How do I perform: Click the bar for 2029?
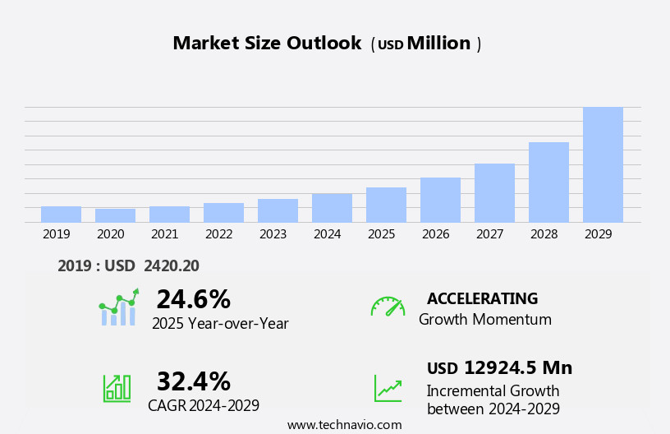pyautogui.click(x=603, y=164)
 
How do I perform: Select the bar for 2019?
pyautogui.click(x=61, y=215)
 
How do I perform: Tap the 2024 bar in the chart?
pyautogui.click(x=332, y=208)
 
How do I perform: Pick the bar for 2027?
pyautogui.click(x=494, y=193)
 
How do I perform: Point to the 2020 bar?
pyautogui.click(x=115, y=215)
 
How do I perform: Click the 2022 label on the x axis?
pyautogui.click(x=218, y=234)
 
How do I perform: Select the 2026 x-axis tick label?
pyautogui.click(x=435, y=234)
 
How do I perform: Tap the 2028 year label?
pyautogui.click(x=544, y=234)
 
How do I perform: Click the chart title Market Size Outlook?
pyautogui.click(x=267, y=44)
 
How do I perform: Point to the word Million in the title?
pyautogui.click(x=438, y=44)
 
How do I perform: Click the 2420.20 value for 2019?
pyautogui.click(x=171, y=265)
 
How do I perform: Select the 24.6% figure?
pyautogui.click(x=193, y=299)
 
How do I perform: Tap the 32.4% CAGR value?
pyautogui.click(x=193, y=381)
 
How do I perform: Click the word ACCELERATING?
pyautogui.click(x=482, y=299)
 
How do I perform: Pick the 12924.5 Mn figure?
pyautogui.click(x=517, y=367)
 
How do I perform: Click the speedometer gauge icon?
pyautogui.click(x=388, y=307)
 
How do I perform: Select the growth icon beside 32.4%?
pyautogui.click(x=117, y=387)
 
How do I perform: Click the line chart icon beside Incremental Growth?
pyautogui.click(x=388, y=387)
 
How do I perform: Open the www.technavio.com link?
pyautogui.click(x=344, y=425)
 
